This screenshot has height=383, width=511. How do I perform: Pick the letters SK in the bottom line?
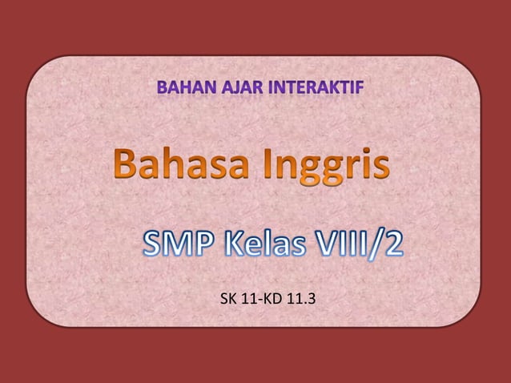pos(227,301)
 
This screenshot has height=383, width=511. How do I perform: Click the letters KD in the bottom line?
pos(265,301)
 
